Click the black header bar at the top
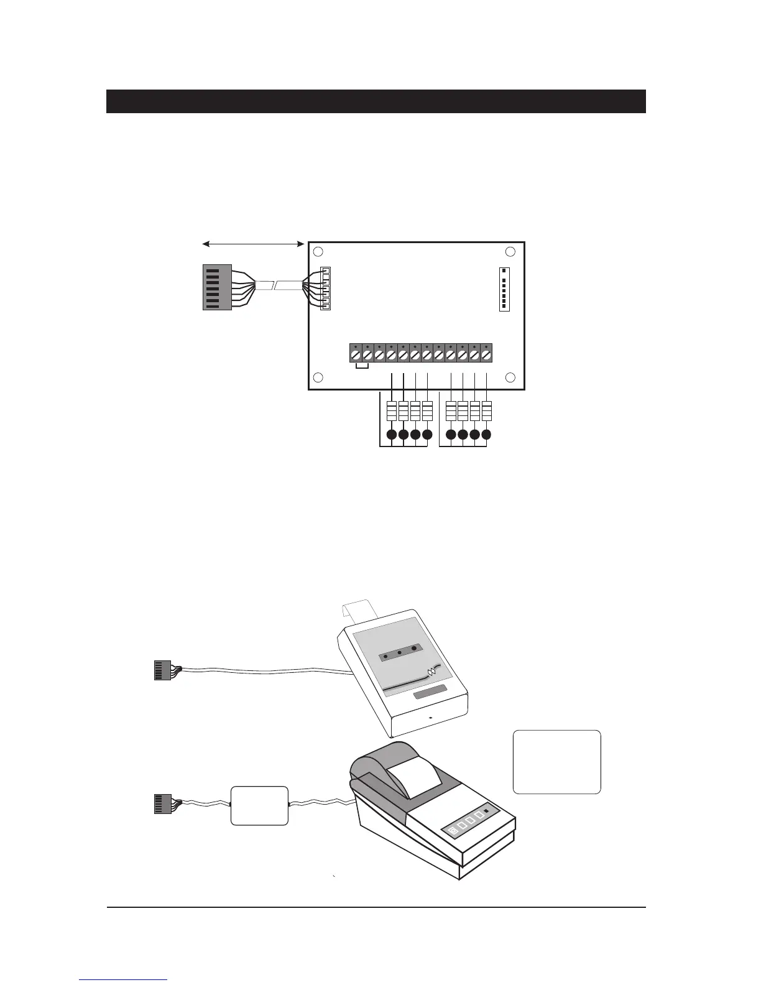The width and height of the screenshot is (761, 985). tap(376, 101)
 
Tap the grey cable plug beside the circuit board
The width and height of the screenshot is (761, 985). tap(217, 287)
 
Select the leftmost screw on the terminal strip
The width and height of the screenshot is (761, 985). tap(355, 355)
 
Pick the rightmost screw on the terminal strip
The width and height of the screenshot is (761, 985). tap(486, 355)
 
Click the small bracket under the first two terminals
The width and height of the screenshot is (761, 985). tap(361, 368)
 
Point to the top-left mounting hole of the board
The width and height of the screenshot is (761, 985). tap(318, 252)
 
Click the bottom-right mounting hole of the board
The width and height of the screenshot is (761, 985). tap(510, 377)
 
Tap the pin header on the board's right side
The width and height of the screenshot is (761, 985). tap(504, 289)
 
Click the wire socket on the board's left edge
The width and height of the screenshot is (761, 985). tap(325, 289)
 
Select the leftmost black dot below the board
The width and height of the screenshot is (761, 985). tap(392, 435)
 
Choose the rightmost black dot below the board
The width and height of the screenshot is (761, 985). tap(486, 435)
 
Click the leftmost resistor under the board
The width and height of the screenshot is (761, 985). tap(392, 411)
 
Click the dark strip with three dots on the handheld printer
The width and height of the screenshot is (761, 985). tap(401, 655)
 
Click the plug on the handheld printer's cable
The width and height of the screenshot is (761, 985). tap(162, 670)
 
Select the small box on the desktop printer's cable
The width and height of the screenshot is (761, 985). tap(259, 806)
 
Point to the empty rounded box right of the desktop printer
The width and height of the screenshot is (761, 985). tap(556, 762)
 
